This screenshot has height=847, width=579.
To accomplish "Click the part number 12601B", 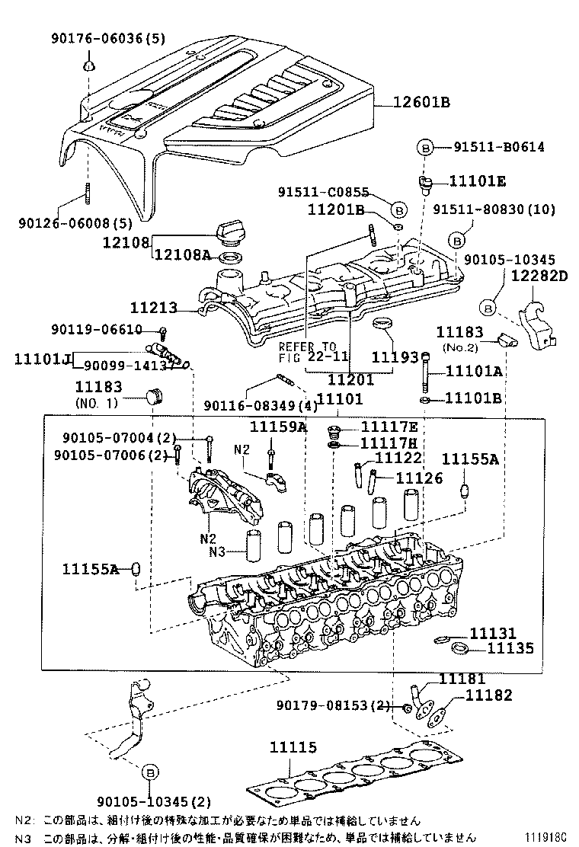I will [x=422, y=102].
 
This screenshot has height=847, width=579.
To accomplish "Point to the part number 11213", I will [x=153, y=308].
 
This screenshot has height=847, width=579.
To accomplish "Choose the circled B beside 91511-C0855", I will [x=398, y=209].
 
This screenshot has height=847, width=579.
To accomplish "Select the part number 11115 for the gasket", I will [x=293, y=750].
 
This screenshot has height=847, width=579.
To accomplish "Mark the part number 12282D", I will [x=539, y=276].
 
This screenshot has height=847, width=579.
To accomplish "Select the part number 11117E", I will [x=389, y=427].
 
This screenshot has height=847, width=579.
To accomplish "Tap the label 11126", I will [x=417, y=478].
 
